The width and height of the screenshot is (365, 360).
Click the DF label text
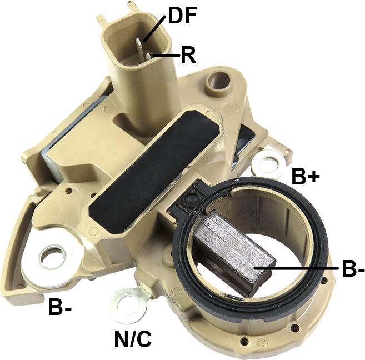(183, 16)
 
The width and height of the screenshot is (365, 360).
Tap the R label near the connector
(188, 56)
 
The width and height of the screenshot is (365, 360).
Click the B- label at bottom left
(60, 307)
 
